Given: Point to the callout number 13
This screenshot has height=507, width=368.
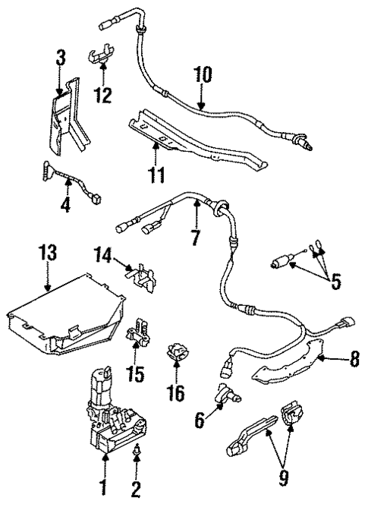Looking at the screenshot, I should pos(47,253).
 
